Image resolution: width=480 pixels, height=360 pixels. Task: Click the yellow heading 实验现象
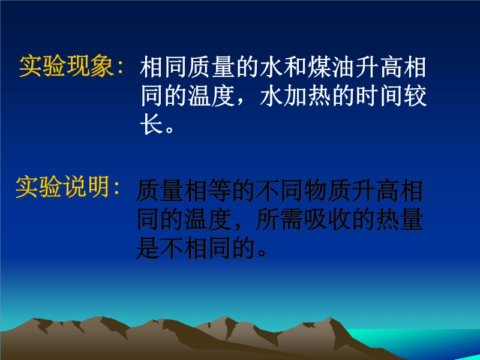pyautogui.click(x=66, y=66)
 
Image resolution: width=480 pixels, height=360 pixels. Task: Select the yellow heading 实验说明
pyautogui.click(x=62, y=187)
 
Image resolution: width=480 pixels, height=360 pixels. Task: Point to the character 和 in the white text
pyautogui.click(x=295, y=67)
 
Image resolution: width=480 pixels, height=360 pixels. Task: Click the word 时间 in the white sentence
pyautogui.click(x=379, y=96)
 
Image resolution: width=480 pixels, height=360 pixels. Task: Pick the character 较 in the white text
pyautogui.click(x=415, y=96)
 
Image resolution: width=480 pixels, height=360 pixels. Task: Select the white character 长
pyautogui.click(x=152, y=124)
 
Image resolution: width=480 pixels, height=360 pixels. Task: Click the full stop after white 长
pyautogui.click(x=169, y=129)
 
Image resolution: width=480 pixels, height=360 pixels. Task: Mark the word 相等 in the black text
pyautogui.click(x=206, y=191)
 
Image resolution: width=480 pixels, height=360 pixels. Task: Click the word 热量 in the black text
pyautogui.click(x=400, y=220)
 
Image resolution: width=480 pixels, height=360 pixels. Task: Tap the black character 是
pyautogui.click(x=147, y=248)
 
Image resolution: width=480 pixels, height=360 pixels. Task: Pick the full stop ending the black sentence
pyautogui.click(x=262, y=253)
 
